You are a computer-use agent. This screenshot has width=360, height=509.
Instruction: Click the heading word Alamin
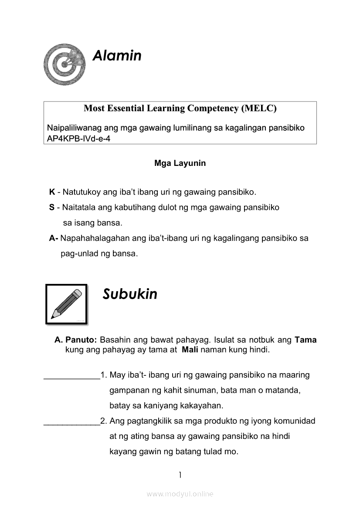coord(117,56)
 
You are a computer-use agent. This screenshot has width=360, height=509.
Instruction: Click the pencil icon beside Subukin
coord(66,304)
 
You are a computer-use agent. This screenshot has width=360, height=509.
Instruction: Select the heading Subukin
coord(130,294)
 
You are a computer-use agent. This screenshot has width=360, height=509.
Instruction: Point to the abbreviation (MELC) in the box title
coord(258,108)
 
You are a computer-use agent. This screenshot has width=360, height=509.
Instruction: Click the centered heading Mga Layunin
coord(180,164)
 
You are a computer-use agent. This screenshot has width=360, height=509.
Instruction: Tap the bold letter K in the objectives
coord(52,192)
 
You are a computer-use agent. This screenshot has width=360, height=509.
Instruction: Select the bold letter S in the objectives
coord(52,208)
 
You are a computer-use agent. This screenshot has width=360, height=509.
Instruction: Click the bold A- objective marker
coord(54,238)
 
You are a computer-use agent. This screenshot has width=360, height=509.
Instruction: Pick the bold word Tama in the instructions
coord(306,340)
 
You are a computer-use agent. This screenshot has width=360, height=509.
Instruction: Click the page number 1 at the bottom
coord(180,475)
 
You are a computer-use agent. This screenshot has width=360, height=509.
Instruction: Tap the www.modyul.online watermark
coord(180,494)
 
